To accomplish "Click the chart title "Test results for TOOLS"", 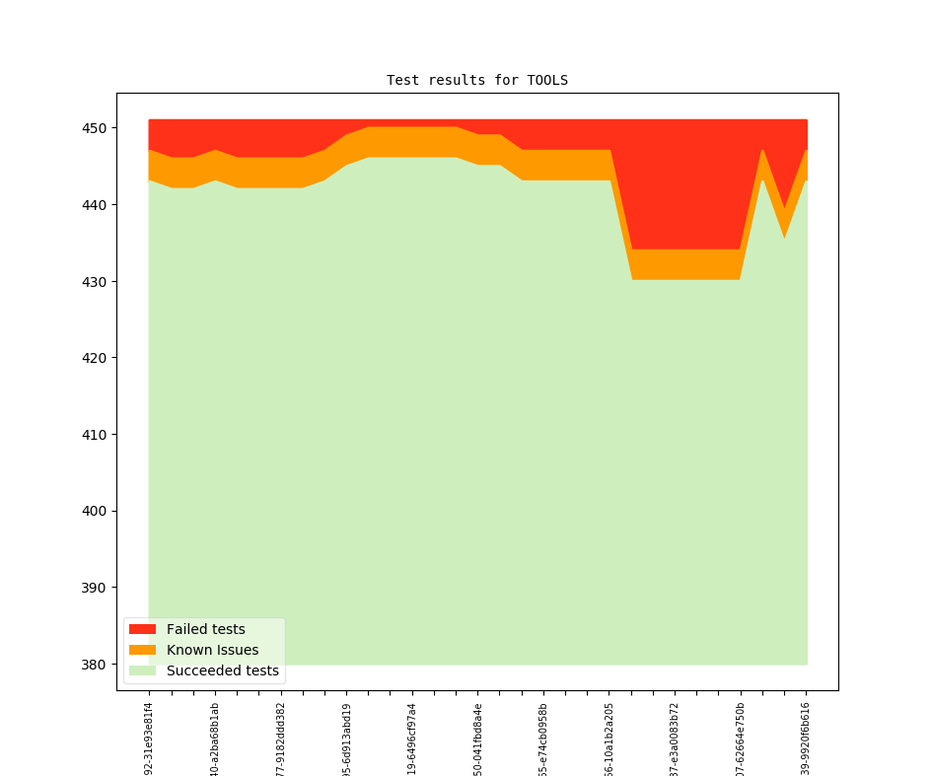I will [476, 80].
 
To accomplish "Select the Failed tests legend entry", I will [205, 629].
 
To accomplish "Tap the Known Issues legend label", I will [212, 650].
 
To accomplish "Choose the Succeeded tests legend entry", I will [222, 670].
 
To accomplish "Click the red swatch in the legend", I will [142, 629].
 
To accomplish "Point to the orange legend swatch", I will [142, 650].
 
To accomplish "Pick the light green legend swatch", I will [142, 670].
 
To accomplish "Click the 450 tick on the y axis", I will [96, 128].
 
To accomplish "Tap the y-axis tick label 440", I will [96, 205].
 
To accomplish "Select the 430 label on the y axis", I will [96, 282].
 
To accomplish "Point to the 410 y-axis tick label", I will [96, 435].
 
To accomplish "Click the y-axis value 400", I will [96, 511].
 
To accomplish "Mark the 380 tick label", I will [96, 665].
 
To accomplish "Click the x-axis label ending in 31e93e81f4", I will [149, 738].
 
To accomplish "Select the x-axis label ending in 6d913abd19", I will [346, 738].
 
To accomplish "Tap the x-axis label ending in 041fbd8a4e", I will [478, 738].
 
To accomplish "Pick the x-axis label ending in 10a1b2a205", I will [609, 738].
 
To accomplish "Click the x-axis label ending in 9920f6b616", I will [806, 738].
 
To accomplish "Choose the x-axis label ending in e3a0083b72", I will [675, 738].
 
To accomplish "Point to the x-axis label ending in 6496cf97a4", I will [412, 738].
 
